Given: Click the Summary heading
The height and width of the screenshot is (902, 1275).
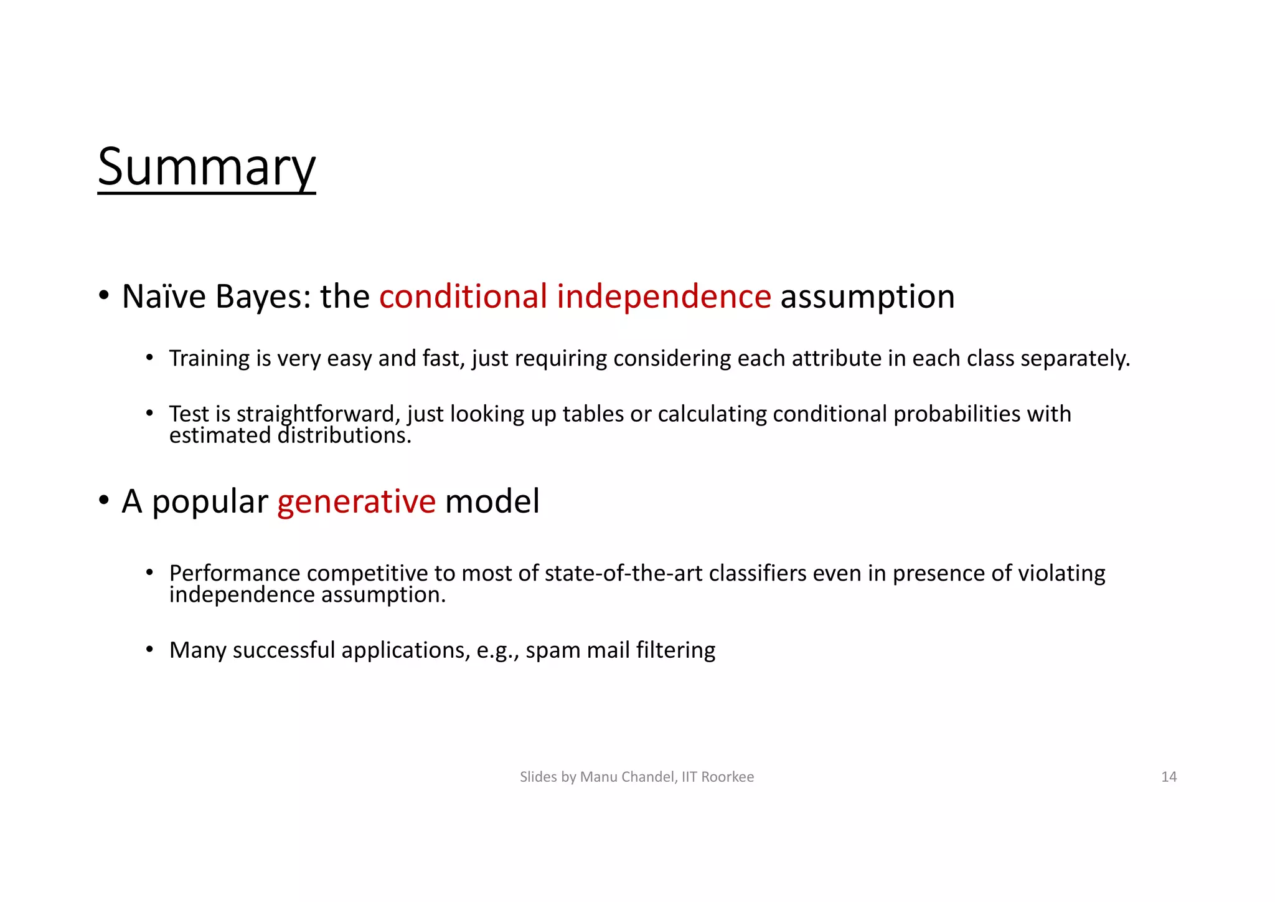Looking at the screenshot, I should (207, 167).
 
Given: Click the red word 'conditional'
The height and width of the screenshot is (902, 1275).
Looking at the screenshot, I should (463, 296).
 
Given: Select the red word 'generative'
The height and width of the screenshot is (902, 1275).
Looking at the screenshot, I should (356, 501).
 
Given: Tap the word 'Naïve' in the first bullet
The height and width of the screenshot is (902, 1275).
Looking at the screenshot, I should (163, 296).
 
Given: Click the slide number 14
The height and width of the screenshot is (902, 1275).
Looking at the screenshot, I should (1169, 777).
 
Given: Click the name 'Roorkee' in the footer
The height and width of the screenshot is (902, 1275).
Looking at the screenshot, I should (727, 777).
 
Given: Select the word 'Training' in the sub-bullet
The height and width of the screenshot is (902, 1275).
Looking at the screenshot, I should (209, 359).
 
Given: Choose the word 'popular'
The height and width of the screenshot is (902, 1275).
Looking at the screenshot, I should (210, 502).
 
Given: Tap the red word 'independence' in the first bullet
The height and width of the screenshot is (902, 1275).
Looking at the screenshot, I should (664, 296).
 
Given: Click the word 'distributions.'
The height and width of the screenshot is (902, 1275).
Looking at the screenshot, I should (344, 435).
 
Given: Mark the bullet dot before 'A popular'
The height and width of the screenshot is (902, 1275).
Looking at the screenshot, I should (104, 500).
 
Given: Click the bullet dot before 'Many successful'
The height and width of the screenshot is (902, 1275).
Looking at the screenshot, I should (149, 650).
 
